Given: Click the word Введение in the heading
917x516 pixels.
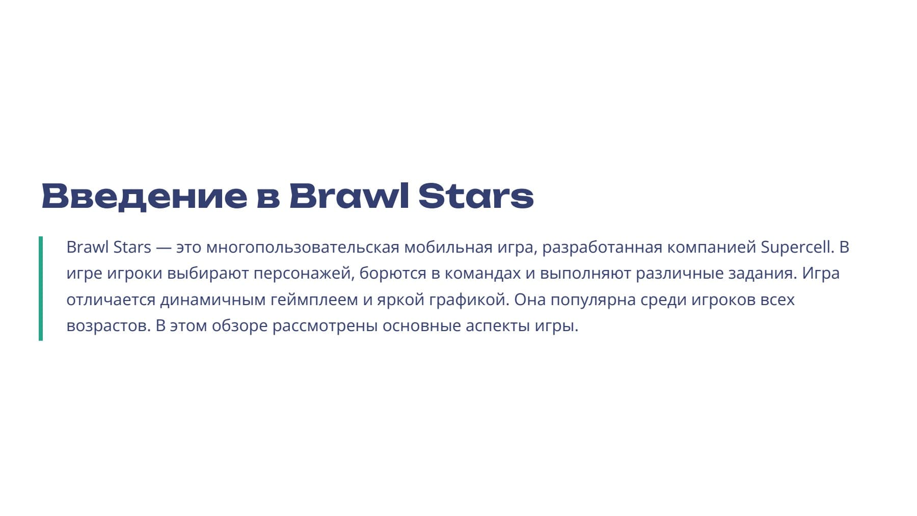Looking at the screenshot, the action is tap(144, 196).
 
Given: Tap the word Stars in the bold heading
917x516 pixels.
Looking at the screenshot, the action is tap(476, 196).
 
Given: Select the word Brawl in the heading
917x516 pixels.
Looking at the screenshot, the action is tap(349, 196).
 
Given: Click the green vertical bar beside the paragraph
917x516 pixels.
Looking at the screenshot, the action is tap(41, 288).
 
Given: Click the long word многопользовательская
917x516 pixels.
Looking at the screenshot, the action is tap(303, 248).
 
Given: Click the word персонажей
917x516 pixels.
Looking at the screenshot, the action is tap(304, 274).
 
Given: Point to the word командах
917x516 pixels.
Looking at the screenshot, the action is tap(482, 274).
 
